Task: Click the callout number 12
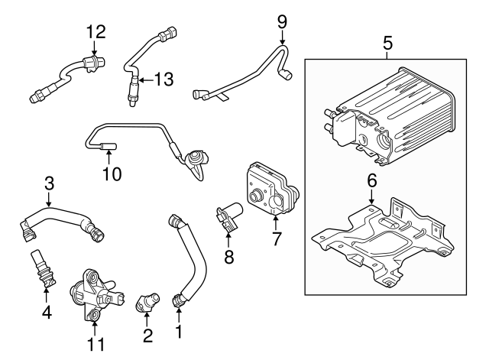pyautogui.click(x=96, y=31)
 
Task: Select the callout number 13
pyautogui.click(x=164, y=79)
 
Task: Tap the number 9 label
pyautogui.click(x=282, y=22)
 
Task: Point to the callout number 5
pyautogui.click(x=387, y=43)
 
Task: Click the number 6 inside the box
pyautogui.click(x=372, y=180)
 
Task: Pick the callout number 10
pyautogui.click(x=112, y=174)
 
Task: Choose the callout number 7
pyautogui.click(x=276, y=238)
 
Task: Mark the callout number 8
pyautogui.click(x=229, y=257)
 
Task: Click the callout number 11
pyautogui.click(x=96, y=345)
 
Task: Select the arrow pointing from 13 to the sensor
pyautogui.click(x=146, y=80)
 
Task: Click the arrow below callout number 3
pyautogui.click(x=49, y=199)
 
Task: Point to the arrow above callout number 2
pyautogui.click(x=147, y=319)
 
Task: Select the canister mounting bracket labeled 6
pyautogui.click(x=383, y=241)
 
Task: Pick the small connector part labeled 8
pyautogui.click(x=228, y=216)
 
